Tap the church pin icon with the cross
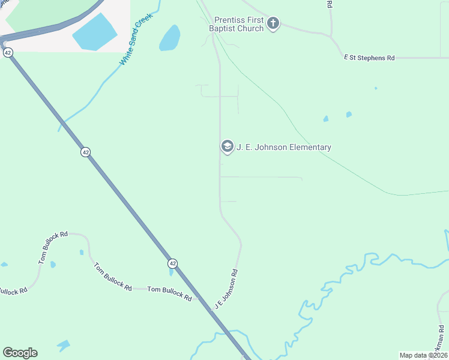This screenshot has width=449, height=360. [x=273, y=23]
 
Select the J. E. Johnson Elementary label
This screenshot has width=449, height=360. [x=284, y=148]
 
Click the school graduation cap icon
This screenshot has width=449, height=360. [x=227, y=146]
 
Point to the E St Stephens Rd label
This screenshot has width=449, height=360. [x=369, y=58]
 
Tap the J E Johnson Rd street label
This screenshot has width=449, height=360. [x=227, y=289]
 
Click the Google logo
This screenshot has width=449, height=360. [x=20, y=353]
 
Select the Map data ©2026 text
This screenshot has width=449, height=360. [x=423, y=355]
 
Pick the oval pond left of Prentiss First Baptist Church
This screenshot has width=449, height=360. [x=170, y=38]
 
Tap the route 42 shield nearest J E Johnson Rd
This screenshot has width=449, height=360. [x=172, y=263]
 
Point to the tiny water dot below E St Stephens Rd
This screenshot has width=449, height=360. [x=376, y=88]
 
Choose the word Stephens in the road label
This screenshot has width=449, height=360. [x=372, y=58]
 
